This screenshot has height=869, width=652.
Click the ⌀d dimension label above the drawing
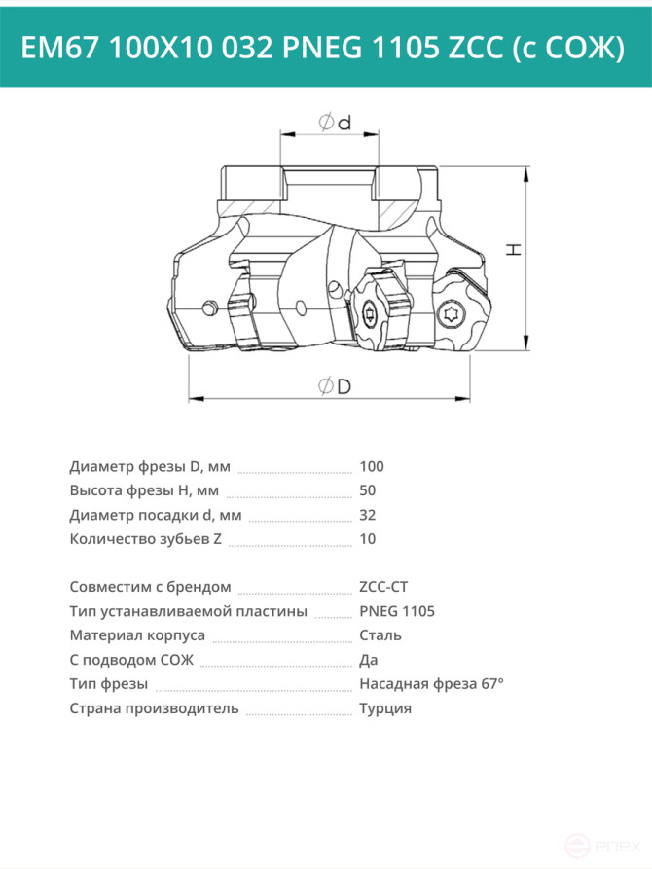335,122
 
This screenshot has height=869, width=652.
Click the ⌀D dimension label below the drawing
335,385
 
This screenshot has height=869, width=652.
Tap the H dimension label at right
514,249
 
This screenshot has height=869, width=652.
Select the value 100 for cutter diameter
372,466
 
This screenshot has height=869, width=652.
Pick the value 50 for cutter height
368,490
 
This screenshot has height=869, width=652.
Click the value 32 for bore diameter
368,515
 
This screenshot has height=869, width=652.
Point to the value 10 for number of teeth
368,539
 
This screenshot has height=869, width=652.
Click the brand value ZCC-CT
383,587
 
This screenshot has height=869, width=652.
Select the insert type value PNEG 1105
397,611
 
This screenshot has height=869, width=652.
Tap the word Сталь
380,635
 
